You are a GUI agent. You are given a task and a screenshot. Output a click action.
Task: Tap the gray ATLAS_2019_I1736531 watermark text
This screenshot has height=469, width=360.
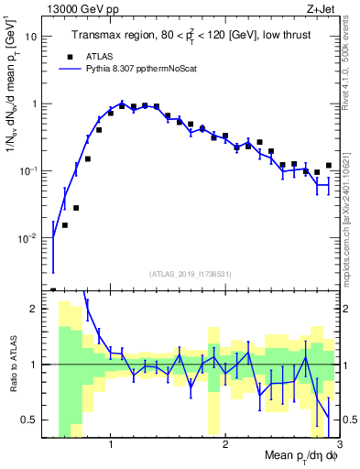pyautogui.click(x=191, y=274)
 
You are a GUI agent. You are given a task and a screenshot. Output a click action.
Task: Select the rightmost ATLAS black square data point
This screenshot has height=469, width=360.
pyautogui.click(x=328, y=166)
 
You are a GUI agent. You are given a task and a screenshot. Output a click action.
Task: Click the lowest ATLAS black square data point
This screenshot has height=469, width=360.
pyautogui.click(x=65, y=225)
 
